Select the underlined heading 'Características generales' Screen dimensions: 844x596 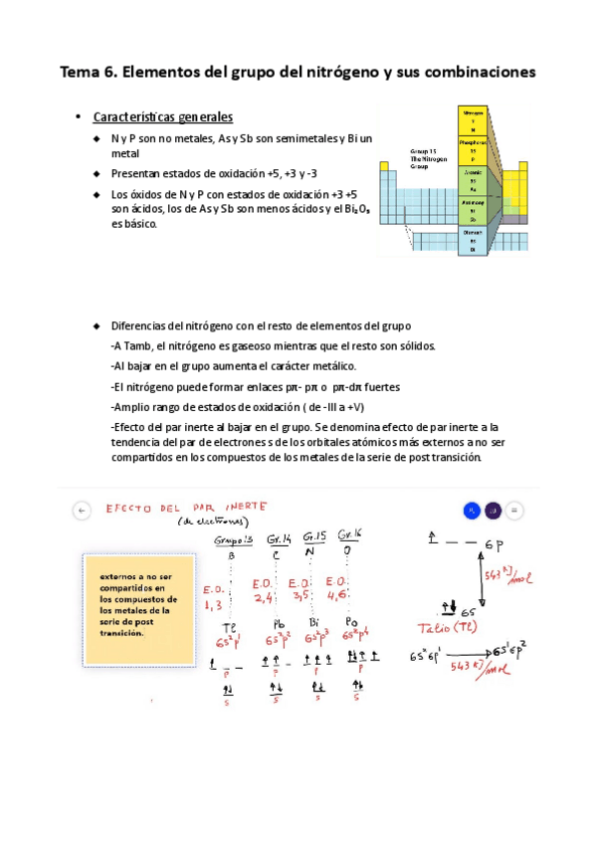pos(162,117)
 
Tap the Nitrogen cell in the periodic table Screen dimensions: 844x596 pos(473,120)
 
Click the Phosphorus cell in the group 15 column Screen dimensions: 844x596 pos(473,149)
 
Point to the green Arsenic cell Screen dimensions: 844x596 pos(473,179)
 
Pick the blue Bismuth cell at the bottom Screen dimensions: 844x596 pos(473,240)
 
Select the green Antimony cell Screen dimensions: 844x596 pos(473,210)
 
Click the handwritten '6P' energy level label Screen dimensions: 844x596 pos(495,545)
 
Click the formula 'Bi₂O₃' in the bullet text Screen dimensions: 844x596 pos(356,211)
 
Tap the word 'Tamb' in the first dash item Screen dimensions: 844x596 pos(138,345)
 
